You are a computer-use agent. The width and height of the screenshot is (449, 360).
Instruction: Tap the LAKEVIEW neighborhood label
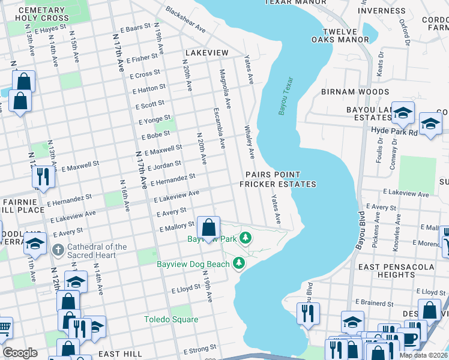coord(207,53)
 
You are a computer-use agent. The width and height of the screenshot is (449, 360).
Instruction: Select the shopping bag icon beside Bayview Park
coord(208,229)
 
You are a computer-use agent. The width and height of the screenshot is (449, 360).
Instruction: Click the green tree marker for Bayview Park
coord(245,239)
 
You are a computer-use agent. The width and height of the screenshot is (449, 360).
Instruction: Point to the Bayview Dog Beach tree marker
coord(239,263)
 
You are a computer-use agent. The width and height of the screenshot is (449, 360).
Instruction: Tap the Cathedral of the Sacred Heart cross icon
coord(58,249)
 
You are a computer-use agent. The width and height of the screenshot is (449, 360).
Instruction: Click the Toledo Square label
coord(170,319)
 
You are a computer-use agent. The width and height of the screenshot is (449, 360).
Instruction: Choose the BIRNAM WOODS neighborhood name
coord(355,92)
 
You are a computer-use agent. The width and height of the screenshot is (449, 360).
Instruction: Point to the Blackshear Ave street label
coord(185,21)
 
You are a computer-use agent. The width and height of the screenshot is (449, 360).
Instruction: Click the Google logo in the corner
coord(20,353)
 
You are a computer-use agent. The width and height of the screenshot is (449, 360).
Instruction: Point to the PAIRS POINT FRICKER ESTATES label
coord(277,179)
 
